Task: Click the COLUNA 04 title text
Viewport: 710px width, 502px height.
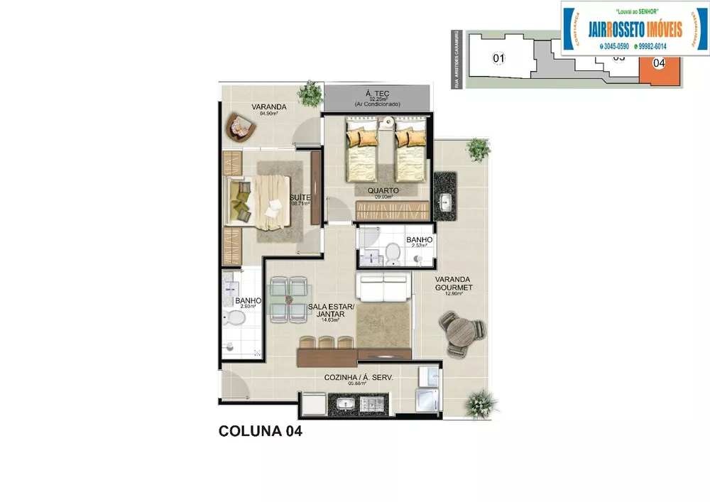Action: pyautogui.click(x=261, y=431)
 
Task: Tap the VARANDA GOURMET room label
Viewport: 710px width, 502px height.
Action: pyautogui.click(x=454, y=284)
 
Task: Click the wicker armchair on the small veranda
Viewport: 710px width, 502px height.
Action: pyautogui.click(x=239, y=129)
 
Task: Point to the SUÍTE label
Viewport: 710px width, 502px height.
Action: pyautogui.click(x=299, y=198)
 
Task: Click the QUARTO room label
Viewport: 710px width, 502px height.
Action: pyautogui.click(x=383, y=191)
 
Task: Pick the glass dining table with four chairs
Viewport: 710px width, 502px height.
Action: pyautogui.click(x=289, y=300)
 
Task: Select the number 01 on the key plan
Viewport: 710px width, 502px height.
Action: pyautogui.click(x=498, y=58)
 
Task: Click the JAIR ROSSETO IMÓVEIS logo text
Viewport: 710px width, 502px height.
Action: pyautogui.click(x=635, y=29)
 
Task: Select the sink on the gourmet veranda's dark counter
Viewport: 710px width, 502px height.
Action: pyautogui.click(x=445, y=202)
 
